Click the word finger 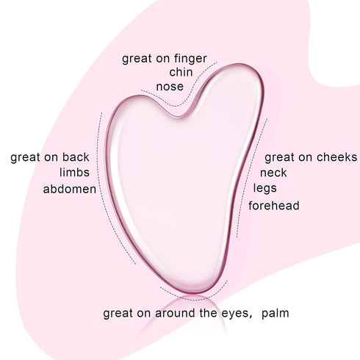click(190, 59)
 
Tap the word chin click(181, 72)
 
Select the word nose click(170, 87)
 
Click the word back click(76, 157)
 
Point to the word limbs click(74, 172)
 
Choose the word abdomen click(70, 189)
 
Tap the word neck click(273, 173)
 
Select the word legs click(264, 189)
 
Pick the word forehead click(274, 206)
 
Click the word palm click(276, 314)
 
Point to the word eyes click(236, 314)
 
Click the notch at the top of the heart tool click(181, 115)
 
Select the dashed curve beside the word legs click(251, 176)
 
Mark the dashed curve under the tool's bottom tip click(193, 299)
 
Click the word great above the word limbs click(25, 158)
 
